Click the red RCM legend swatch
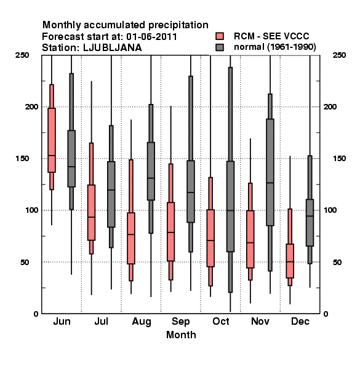[x=220, y=36]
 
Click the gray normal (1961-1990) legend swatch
[x=220, y=47]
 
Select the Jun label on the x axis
[x=62, y=322]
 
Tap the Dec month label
[x=300, y=322]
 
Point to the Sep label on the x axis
[x=181, y=322]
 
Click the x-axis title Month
[x=181, y=335]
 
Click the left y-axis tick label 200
[x=31, y=106]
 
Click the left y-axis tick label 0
[x=36, y=314]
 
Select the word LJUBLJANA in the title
[x=113, y=48]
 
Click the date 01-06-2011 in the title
[x=151, y=37]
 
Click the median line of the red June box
[x=52, y=156]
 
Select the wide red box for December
[x=290, y=261]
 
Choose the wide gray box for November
[x=270, y=172]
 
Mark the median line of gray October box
[x=231, y=210]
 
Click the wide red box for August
[x=131, y=239]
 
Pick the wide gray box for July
[x=111, y=194]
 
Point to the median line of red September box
[x=171, y=232]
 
